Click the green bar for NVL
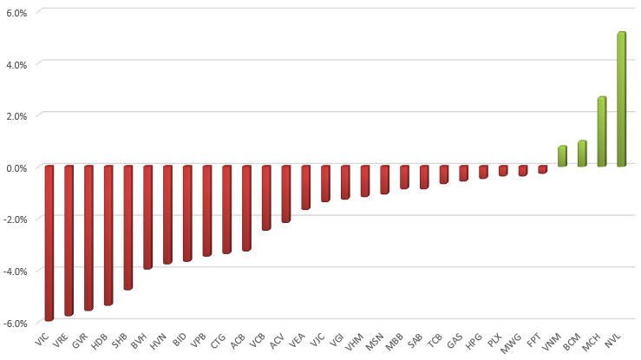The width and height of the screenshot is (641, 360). point(621,99)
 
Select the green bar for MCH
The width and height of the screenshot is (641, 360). point(601,131)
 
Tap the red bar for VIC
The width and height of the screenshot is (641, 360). point(49,243)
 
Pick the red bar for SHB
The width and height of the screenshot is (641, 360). point(128,227)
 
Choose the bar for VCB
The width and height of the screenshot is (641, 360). point(266,198)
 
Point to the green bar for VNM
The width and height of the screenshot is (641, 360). point(562,156)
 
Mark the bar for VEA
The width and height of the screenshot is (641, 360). point(305,187)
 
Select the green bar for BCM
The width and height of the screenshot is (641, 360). point(582,154)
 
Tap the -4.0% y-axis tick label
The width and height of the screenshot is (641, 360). point(15,270)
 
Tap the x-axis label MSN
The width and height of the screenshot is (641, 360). point(374,339)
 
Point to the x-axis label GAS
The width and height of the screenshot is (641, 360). point(454,338)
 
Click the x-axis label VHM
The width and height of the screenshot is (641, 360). point(354,339)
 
